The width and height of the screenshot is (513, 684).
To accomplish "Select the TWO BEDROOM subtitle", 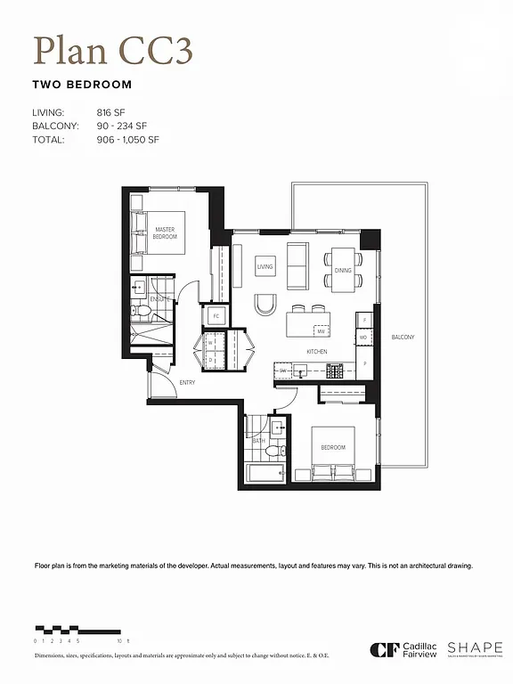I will (x=81, y=85).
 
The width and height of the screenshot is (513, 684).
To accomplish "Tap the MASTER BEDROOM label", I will (x=165, y=233).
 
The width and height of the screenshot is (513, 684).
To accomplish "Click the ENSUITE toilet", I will (x=140, y=312).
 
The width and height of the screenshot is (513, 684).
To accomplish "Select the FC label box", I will (x=216, y=316).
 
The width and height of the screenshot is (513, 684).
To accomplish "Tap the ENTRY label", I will (x=187, y=383).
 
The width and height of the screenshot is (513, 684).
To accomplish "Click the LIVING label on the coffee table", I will (x=265, y=266).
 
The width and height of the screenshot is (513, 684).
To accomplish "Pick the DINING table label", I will (x=343, y=270).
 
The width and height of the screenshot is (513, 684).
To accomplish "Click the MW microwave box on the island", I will (x=321, y=331).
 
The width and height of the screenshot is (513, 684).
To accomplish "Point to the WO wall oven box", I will (x=363, y=338).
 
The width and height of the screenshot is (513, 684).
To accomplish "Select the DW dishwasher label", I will (x=283, y=370).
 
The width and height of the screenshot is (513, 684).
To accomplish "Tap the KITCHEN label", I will (x=317, y=352).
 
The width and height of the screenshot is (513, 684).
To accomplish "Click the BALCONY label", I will (x=403, y=337).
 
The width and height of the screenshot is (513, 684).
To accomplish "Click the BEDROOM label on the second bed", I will (x=332, y=448).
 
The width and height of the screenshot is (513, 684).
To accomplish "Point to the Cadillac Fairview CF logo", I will (x=382, y=649).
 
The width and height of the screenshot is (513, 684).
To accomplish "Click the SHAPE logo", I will (x=475, y=648).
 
